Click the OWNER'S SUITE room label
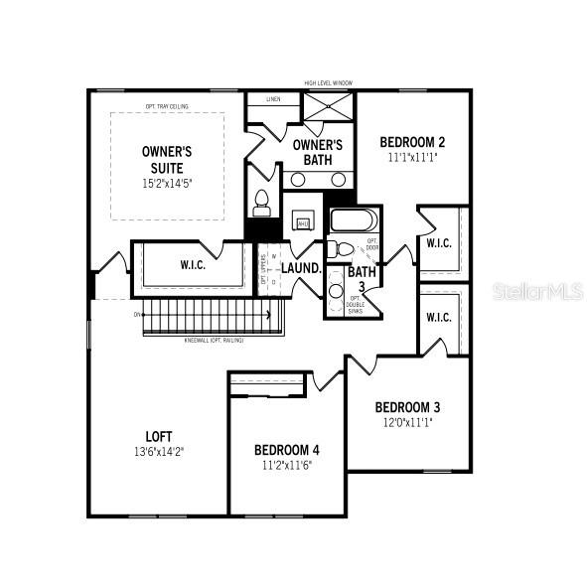pos(166,160)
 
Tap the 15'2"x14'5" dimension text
pos(166,183)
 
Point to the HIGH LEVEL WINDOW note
pos(328,82)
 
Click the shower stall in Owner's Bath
pos(329,105)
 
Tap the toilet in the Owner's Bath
pos(261,202)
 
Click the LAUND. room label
pos(301,268)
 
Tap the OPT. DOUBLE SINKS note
pos(354,304)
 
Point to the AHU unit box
pos(304,223)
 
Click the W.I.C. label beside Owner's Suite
pos(193,265)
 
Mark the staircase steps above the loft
pos(210,319)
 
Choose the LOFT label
pos(160,435)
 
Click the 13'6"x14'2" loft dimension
pos(160,451)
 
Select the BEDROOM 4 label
pos(286,449)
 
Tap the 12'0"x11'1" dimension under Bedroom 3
pos(407,421)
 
